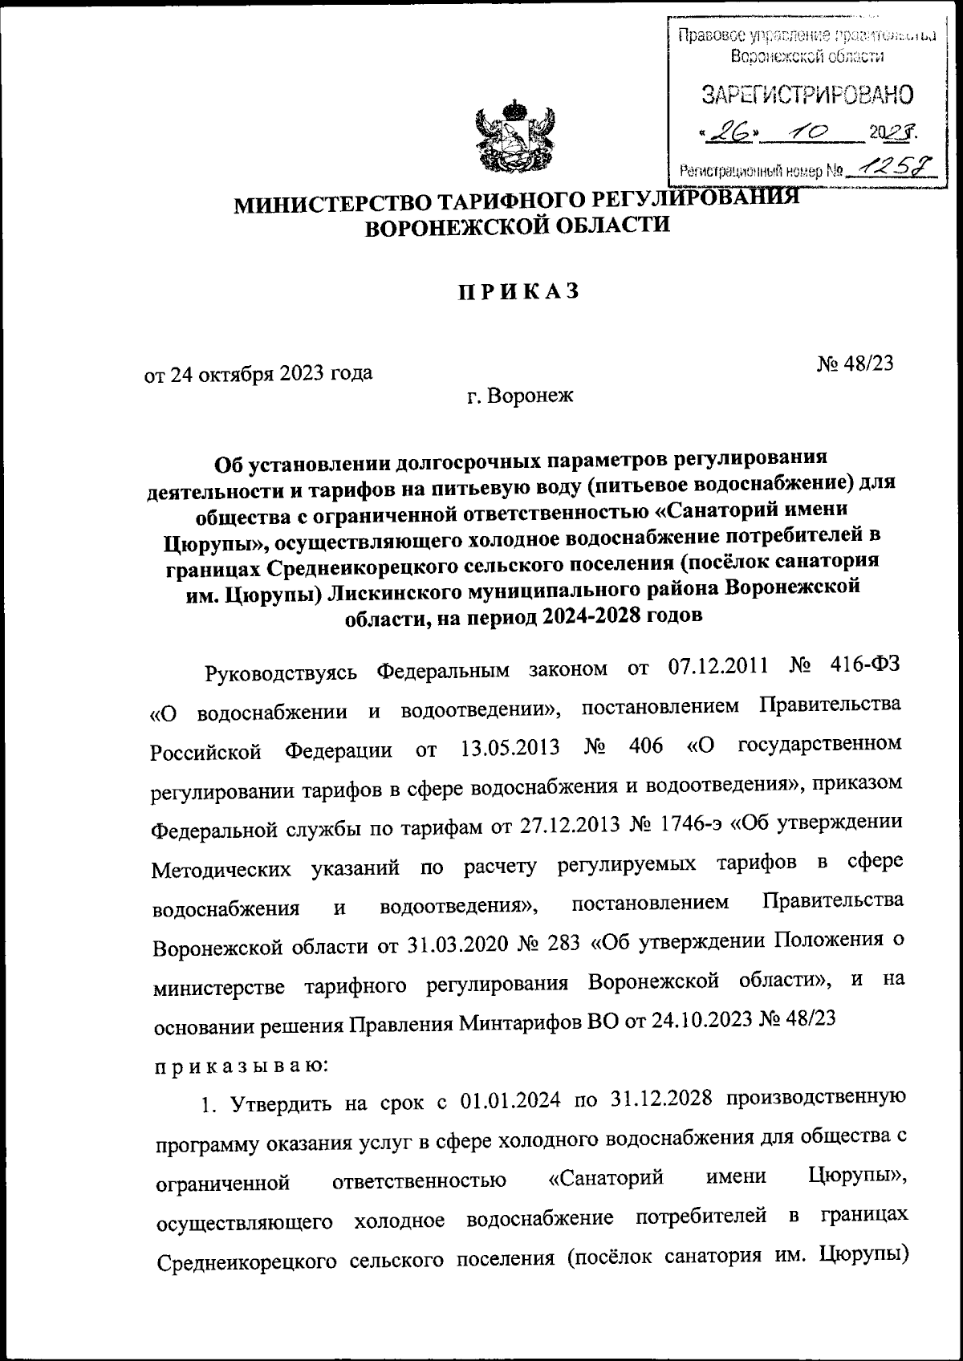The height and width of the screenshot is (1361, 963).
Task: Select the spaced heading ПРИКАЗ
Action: [x=517, y=293]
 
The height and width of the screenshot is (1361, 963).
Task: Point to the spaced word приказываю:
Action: [x=239, y=1066]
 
